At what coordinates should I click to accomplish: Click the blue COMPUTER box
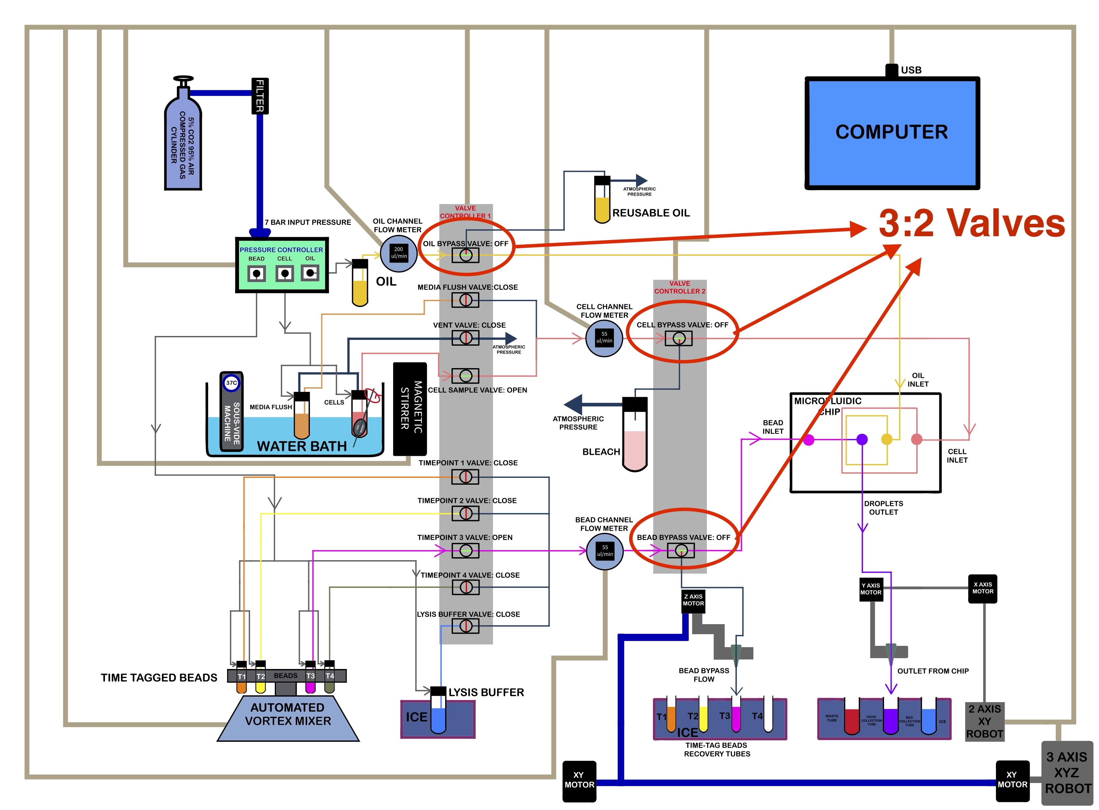coord(892,132)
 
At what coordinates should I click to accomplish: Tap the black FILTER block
coord(259,96)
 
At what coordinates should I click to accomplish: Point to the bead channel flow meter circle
coord(605,551)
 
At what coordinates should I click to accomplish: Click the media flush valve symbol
coord(465,300)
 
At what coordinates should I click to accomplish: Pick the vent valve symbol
coord(465,338)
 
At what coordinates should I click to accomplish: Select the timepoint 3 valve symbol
coord(465,551)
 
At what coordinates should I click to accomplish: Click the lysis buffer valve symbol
coord(465,626)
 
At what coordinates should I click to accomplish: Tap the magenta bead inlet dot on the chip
coord(809,440)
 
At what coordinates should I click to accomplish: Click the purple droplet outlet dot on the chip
coord(862,439)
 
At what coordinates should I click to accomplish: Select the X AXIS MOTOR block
coord(983,588)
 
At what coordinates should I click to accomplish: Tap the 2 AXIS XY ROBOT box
coord(984,722)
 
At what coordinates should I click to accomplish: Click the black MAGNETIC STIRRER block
coord(410,409)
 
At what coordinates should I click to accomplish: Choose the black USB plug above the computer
coord(892,71)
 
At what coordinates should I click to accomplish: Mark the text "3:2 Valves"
coord(972,224)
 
